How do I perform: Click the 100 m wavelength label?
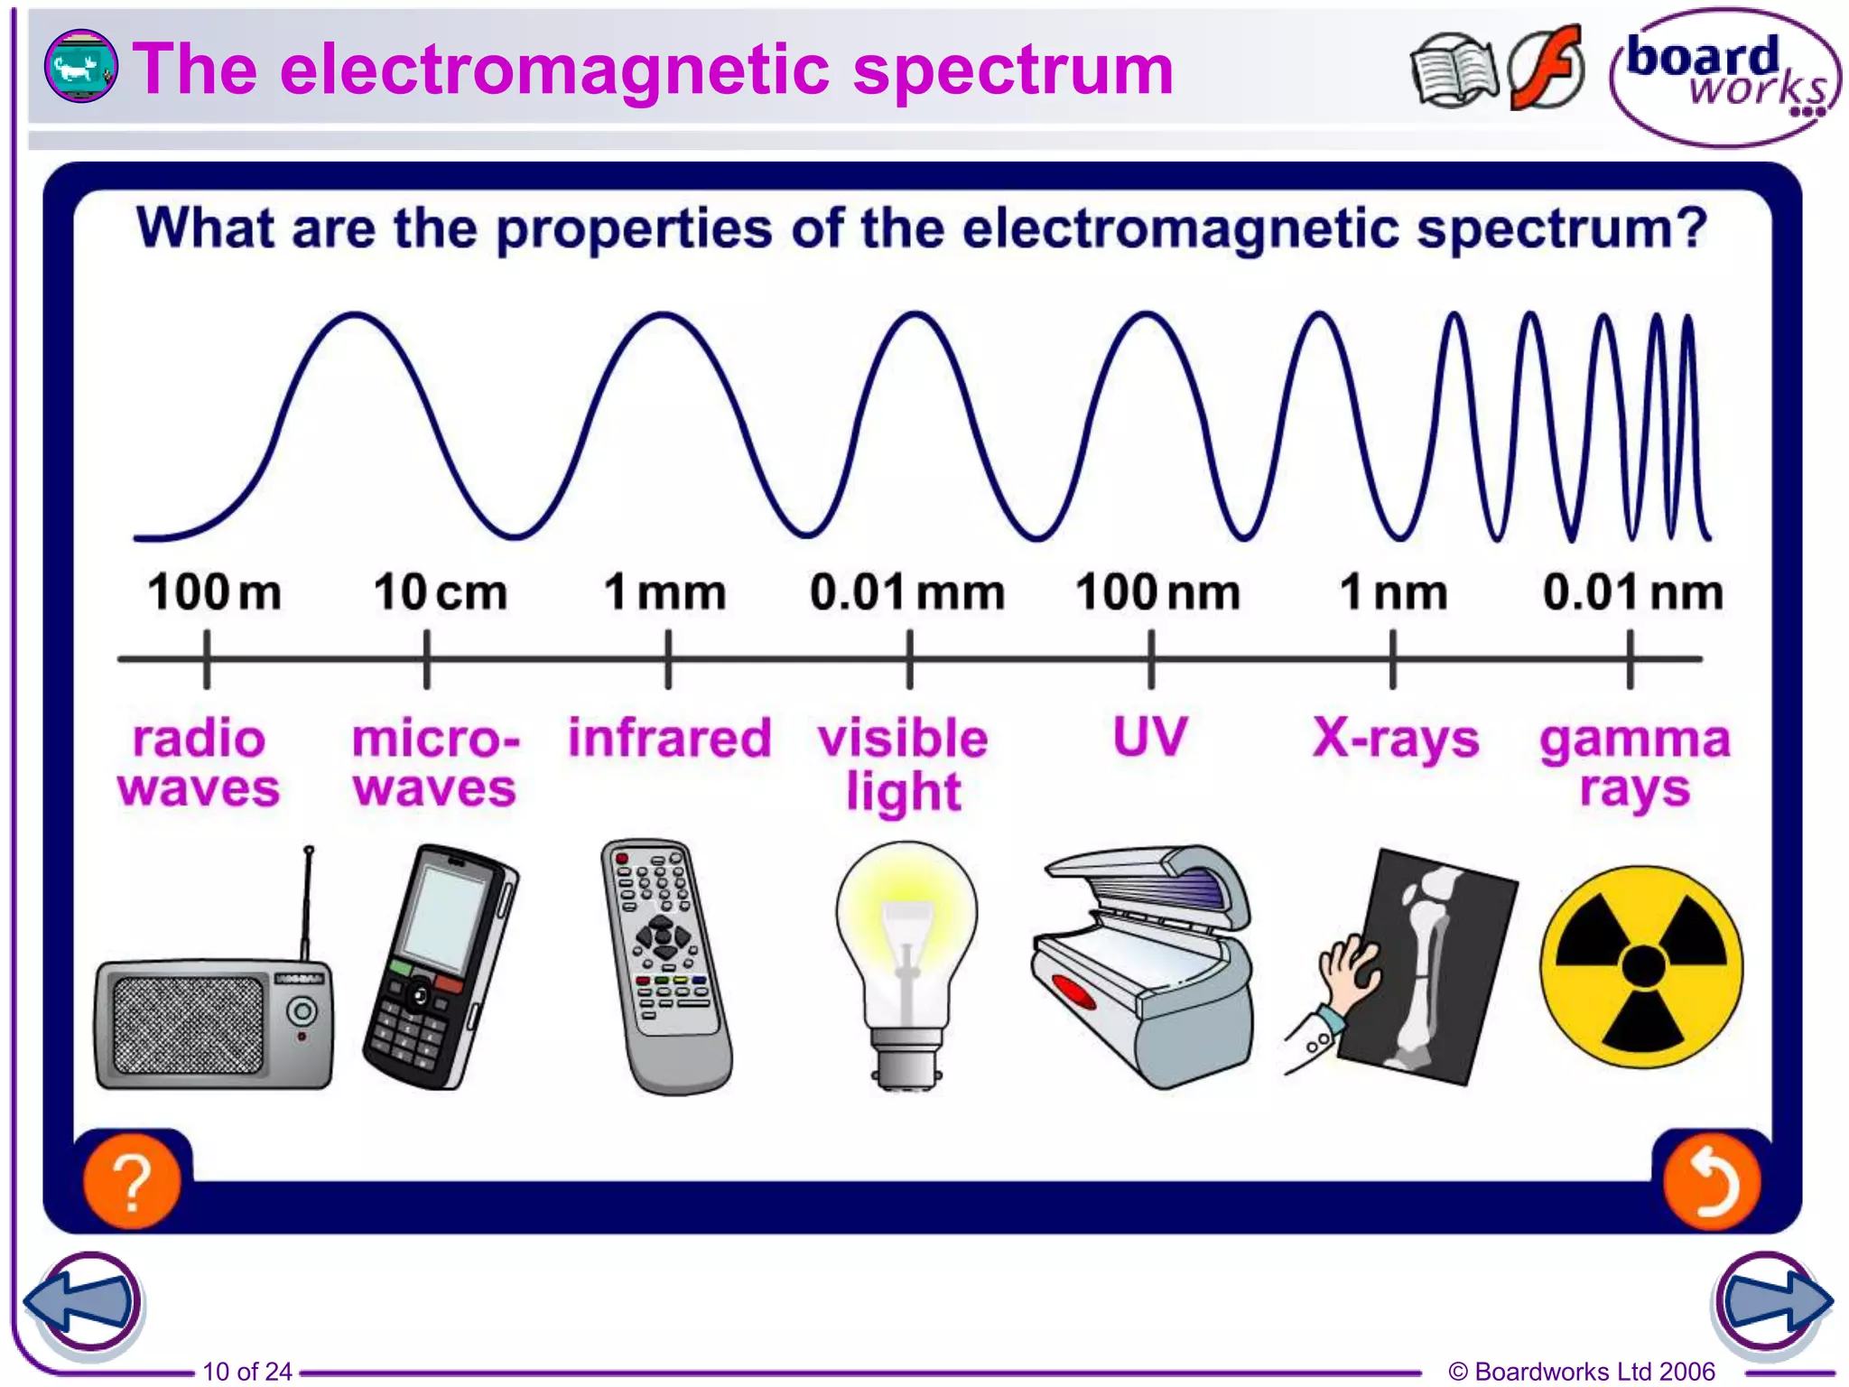coord(214,593)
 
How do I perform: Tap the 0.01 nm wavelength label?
coord(1632,593)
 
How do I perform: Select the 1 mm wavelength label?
coord(665,593)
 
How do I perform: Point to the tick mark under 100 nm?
coord(1151,660)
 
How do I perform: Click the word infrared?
coord(669,738)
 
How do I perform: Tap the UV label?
coord(1149,738)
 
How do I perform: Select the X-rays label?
coord(1396,739)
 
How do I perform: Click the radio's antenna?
coord(307,903)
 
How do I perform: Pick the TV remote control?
coord(666,966)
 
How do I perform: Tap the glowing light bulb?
coord(906,939)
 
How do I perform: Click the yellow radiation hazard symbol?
coord(1641,966)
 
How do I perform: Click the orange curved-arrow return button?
coord(1710,1182)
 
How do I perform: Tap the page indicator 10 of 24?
coord(246,1371)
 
